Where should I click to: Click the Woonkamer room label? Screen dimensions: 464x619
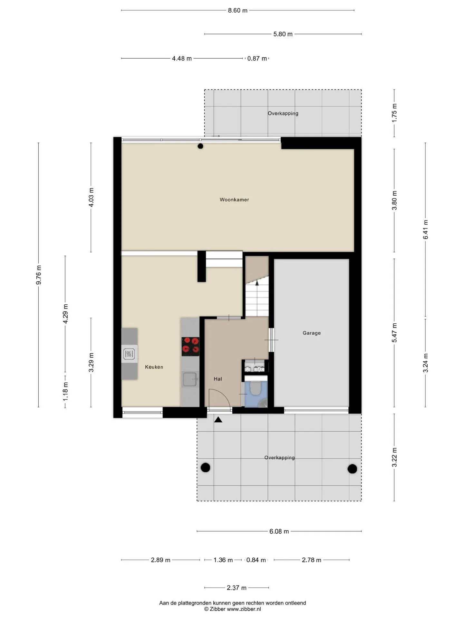pyautogui.click(x=234, y=200)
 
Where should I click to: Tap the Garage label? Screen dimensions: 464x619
pyautogui.click(x=312, y=333)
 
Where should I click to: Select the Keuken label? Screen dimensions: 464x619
pyautogui.click(x=154, y=367)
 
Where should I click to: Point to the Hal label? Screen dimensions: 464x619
pyautogui.click(x=218, y=379)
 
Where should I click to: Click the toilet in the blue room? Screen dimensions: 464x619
pyautogui.click(x=256, y=388)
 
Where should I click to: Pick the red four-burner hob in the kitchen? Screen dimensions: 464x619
pyautogui.click(x=190, y=347)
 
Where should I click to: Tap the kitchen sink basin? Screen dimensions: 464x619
pyautogui.click(x=190, y=379)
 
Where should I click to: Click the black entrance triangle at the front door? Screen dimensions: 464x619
pyautogui.click(x=218, y=419)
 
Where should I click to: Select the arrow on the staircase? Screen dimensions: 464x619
pyautogui.click(x=257, y=283)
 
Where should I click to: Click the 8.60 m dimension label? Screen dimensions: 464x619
pyautogui.click(x=238, y=10)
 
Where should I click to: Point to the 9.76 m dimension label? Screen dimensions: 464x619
pyautogui.click(x=39, y=275)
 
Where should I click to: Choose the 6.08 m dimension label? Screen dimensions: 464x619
pyautogui.click(x=279, y=531)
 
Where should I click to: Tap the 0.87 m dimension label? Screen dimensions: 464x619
pyautogui.click(x=257, y=58)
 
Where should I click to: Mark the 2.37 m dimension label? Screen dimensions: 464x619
pyautogui.click(x=237, y=588)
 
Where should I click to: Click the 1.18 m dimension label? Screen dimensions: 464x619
pyautogui.click(x=65, y=392)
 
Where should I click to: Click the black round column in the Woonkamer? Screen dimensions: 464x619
pyautogui.click(x=200, y=146)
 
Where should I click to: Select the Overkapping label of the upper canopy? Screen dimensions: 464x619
pyautogui.click(x=283, y=113)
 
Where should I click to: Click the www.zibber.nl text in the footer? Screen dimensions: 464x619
pyautogui.click(x=244, y=609)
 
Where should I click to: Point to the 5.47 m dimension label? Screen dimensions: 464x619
pyautogui.click(x=394, y=333)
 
